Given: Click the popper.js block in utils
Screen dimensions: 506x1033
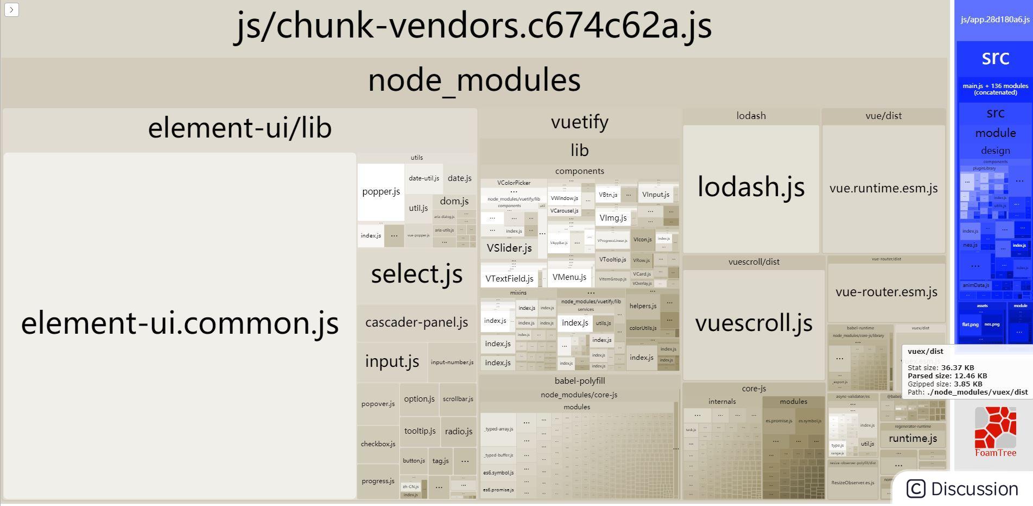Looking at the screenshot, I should (x=381, y=192).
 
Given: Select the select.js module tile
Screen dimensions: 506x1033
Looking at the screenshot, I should (x=416, y=274).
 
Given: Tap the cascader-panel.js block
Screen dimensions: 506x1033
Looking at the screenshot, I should (x=416, y=322).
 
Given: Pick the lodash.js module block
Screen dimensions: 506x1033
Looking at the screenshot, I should (x=751, y=187).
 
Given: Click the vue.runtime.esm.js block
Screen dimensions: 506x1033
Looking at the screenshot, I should (x=883, y=189).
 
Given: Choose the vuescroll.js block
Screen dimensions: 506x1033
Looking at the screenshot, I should (x=753, y=323).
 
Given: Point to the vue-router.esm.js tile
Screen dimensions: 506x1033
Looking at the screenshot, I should (x=886, y=292).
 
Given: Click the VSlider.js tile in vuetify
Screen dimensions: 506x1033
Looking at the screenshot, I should (x=509, y=248).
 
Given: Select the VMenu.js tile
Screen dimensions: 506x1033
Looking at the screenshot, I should (x=569, y=277).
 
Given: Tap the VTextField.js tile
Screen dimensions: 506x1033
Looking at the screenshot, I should (x=509, y=279).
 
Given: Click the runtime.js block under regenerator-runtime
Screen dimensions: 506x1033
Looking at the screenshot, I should (x=912, y=439).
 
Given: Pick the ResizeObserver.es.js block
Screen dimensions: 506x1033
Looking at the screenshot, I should (x=852, y=483).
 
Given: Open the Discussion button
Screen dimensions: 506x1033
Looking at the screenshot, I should (x=963, y=489).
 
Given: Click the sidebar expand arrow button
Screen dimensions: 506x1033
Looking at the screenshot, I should (x=11, y=10).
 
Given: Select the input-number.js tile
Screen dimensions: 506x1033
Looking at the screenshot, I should (x=452, y=363).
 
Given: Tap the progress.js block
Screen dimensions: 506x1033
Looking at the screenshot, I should (x=378, y=481).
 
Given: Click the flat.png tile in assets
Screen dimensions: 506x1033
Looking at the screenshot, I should (x=970, y=324).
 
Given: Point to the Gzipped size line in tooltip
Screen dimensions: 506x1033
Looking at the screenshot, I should (x=945, y=384).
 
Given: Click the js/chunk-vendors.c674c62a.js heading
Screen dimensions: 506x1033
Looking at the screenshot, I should (x=473, y=26).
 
